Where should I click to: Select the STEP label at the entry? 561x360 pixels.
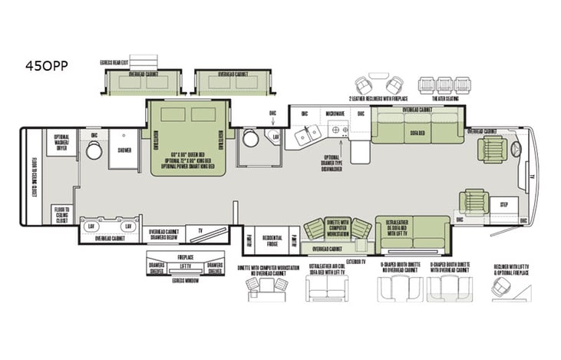tap(504, 205)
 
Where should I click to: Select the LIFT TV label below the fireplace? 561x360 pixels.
tap(183, 266)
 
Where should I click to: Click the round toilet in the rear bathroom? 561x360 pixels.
tap(94, 150)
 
